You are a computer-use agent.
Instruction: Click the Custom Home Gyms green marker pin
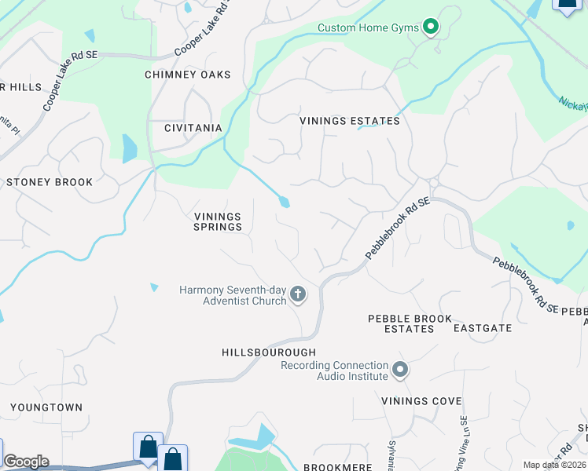click(430, 27)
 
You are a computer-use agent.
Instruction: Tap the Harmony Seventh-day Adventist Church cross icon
click(297, 294)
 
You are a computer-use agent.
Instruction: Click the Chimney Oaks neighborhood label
click(188, 75)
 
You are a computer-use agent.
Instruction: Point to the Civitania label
click(193, 127)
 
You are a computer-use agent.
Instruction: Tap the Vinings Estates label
click(350, 121)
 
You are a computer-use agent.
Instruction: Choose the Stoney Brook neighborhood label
click(50, 182)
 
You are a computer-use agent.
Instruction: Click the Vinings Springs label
click(218, 221)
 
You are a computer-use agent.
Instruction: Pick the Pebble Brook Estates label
click(410, 323)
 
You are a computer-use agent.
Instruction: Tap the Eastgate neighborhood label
click(483, 328)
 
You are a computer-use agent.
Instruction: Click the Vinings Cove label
click(421, 401)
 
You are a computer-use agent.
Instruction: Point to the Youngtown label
click(46, 407)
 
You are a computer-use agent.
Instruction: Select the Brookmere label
click(338, 467)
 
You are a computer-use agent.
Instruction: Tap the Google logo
click(26, 462)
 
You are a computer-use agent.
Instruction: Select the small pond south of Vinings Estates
click(284, 202)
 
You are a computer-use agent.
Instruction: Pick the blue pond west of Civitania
click(130, 148)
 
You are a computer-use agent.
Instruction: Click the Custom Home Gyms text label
click(368, 27)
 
